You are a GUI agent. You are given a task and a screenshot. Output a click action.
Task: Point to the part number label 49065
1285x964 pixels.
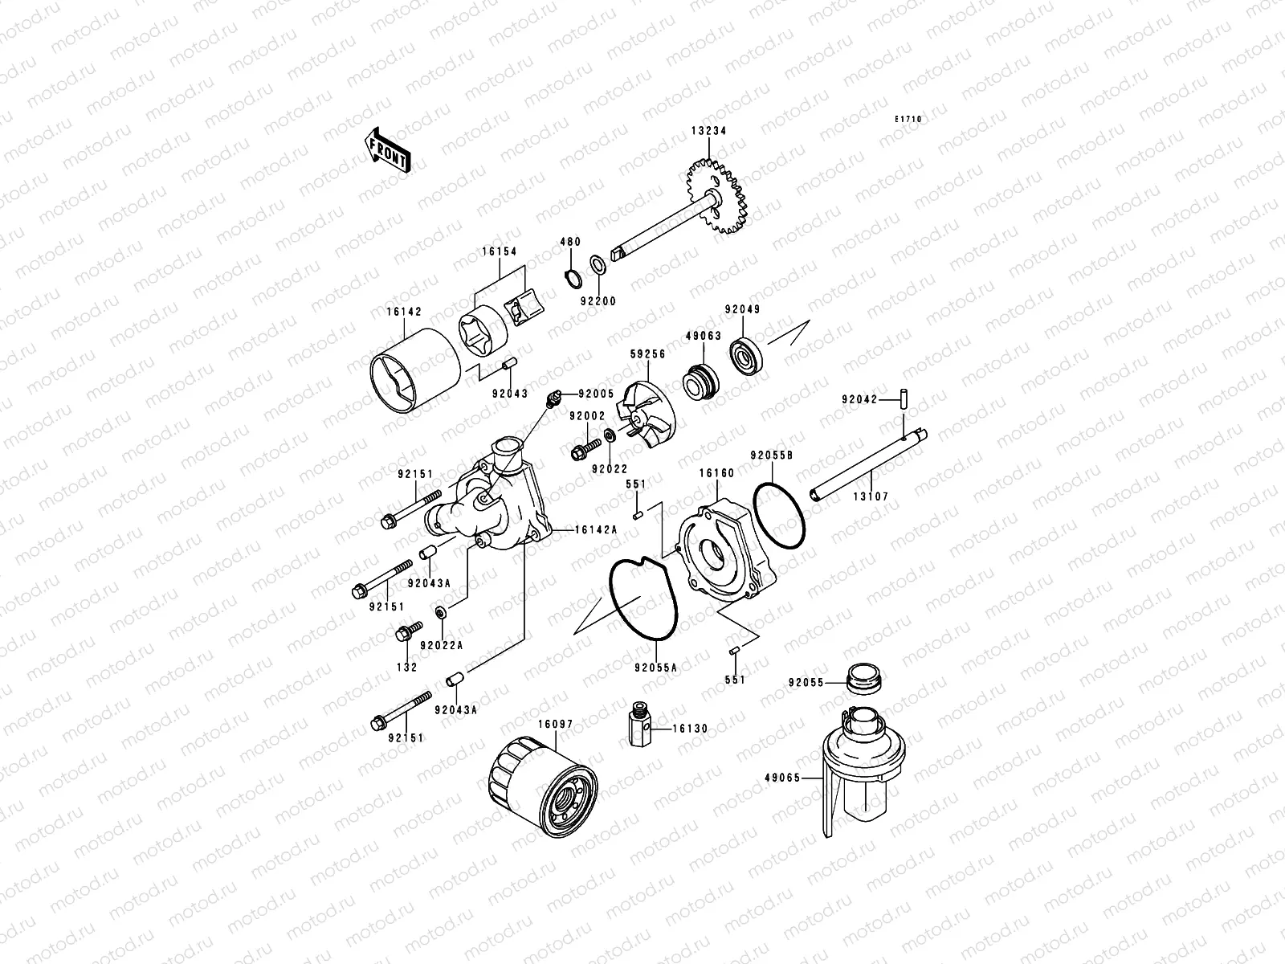point(778,778)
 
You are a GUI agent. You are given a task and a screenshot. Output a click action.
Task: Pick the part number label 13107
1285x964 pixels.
point(871,497)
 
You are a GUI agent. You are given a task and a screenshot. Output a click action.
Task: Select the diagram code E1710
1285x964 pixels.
point(909,120)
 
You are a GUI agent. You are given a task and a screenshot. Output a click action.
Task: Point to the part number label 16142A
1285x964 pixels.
point(595,530)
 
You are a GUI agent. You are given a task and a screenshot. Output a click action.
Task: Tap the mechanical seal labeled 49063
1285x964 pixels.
point(698,380)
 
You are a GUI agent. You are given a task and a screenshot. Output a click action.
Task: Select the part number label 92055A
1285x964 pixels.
point(655,667)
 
